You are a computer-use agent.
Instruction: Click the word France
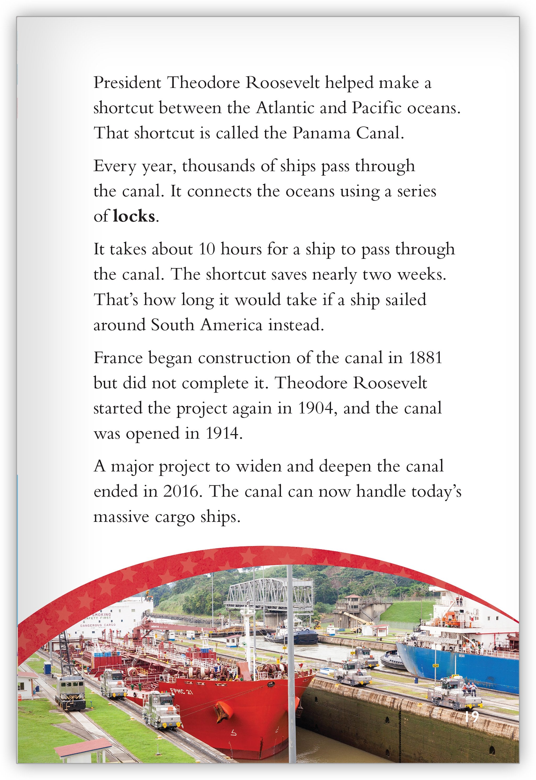click(118, 358)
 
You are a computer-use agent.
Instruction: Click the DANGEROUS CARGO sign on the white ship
click(98, 625)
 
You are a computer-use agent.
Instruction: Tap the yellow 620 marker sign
click(435, 665)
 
